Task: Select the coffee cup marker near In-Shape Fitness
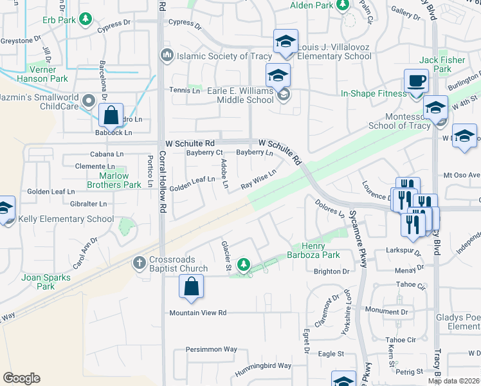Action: (x=416, y=82)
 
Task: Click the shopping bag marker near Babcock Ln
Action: (x=111, y=116)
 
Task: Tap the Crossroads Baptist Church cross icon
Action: (x=138, y=262)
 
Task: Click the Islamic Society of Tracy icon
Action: (x=168, y=56)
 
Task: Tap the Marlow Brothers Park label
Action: (x=114, y=180)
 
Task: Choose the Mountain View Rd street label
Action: (x=198, y=313)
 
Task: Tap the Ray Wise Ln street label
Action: (x=259, y=179)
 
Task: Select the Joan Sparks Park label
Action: (x=46, y=282)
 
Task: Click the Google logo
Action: (x=21, y=378)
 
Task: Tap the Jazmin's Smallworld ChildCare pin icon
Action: (x=87, y=100)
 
